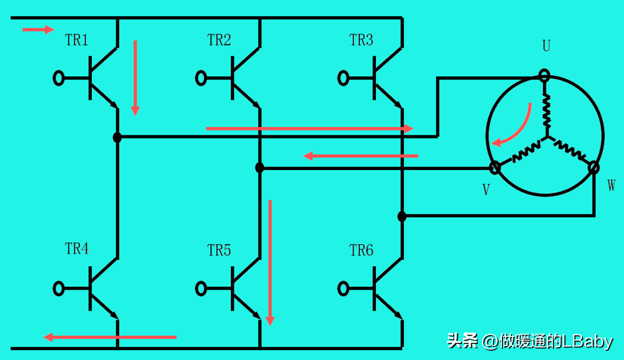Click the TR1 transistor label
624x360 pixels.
click(x=76, y=40)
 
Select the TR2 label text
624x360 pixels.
click(x=219, y=40)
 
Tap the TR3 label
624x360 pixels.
click(x=361, y=40)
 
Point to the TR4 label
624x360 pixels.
click(x=77, y=249)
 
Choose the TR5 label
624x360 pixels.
click(x=219, y=250)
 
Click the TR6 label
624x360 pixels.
click(x=361, y=250)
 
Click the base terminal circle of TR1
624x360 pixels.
click(x=59, y=78)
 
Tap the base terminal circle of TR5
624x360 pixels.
click(x=201, y=288)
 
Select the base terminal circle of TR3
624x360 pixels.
click(x=343, y=78)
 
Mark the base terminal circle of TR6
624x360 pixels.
click(x=343, y=288)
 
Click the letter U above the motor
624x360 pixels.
click(x=546, y=46)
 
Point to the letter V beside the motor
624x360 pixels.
click(x=486, y=190)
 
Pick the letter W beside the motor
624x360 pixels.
click(x=611, y=185)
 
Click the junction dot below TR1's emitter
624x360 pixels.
click(x=117, y=137)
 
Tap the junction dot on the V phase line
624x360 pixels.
click(x=260, y=168)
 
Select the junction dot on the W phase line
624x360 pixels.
click(x=402, y=216)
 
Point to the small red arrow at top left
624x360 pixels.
click(x=38, y=29)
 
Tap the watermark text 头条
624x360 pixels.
click(x=462, y=340)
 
